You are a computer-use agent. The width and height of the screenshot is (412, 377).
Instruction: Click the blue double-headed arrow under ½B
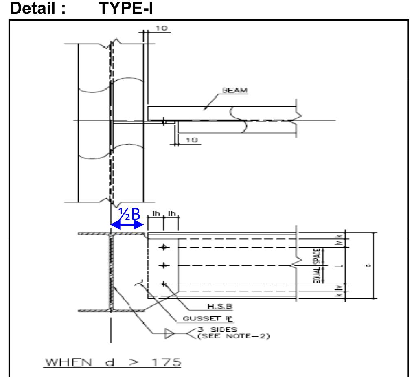[x=127, y=225]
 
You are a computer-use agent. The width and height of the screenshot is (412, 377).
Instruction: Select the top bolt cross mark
[x=164, y=247]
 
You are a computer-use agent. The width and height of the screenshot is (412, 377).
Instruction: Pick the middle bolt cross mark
[x=164, y=265]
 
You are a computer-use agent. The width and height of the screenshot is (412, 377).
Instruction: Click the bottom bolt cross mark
[x=164, y=283]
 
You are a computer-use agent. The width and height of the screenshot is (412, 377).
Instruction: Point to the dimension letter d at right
[x=367, y=266]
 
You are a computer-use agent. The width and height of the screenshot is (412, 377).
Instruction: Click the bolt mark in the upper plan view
[x=163, y=121]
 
